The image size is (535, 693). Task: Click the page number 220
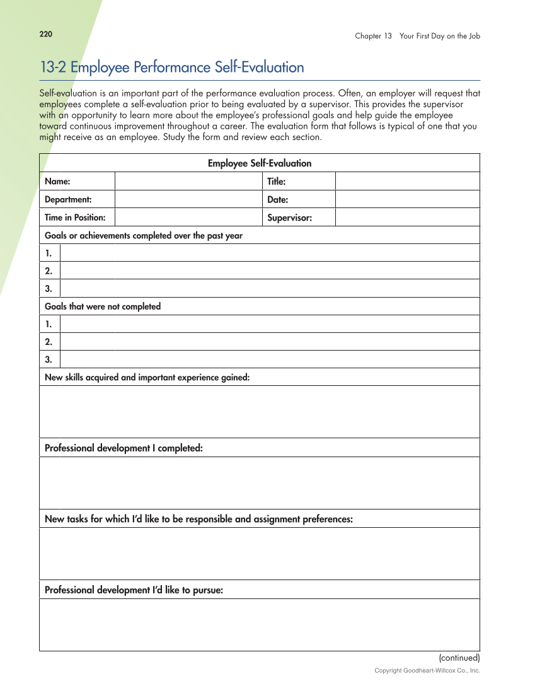(x=45, y=34)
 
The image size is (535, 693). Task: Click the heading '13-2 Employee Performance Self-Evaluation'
(x=171, y=67)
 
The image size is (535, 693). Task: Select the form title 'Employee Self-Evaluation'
(x=260, y=163)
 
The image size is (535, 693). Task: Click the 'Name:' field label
(x=57, y=182)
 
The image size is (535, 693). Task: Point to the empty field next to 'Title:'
(x=407, y=182)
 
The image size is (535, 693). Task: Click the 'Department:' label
(x=68, y=199)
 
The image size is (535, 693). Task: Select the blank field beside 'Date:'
(x=407, y=199)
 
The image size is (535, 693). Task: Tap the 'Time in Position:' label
(x=75, y=218)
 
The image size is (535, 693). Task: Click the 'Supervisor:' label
(x=289, y=218)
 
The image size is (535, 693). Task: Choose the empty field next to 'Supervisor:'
(x=407, y=218)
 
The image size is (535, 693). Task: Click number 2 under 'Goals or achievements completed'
(x=49, y=271)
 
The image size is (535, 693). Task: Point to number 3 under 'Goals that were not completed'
(x=49, y=359)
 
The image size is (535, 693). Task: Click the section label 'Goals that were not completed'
(x=103, y=306)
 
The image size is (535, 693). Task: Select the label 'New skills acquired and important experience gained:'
(x=147, y=377)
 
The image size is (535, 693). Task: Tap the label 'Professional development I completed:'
(x=124, y=448)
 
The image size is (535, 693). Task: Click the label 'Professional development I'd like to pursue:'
(x=134, y=590)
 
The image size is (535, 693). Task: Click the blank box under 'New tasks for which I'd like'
(x=260, y=554)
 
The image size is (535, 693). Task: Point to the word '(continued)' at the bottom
(x=459, y=657)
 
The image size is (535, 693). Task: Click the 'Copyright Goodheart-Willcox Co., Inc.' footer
(x=427, y=670)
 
